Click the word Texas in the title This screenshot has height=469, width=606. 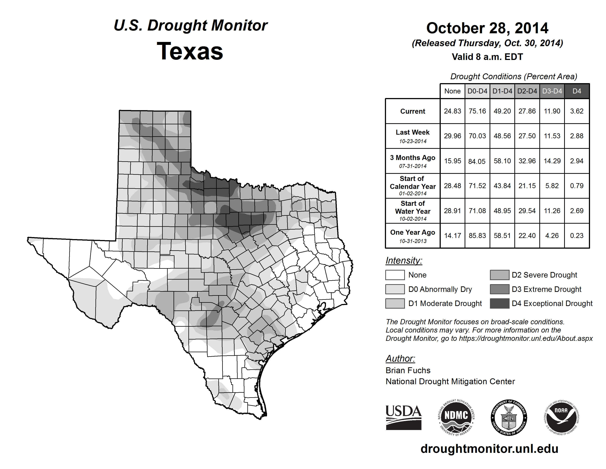190,51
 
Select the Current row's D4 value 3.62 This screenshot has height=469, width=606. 577,111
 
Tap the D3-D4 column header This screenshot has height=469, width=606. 552,91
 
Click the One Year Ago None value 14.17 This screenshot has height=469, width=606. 452,236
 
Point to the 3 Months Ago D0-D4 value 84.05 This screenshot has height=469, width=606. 477,161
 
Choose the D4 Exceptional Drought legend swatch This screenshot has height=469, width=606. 499,303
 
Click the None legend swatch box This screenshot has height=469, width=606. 395,275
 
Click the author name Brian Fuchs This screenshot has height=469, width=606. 408,370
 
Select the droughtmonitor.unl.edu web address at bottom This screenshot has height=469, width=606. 489,449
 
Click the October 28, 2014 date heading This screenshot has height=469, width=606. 487,28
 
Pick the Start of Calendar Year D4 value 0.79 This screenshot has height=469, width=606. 577,186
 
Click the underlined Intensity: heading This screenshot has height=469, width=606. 404,261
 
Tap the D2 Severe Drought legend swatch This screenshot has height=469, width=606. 499,275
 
